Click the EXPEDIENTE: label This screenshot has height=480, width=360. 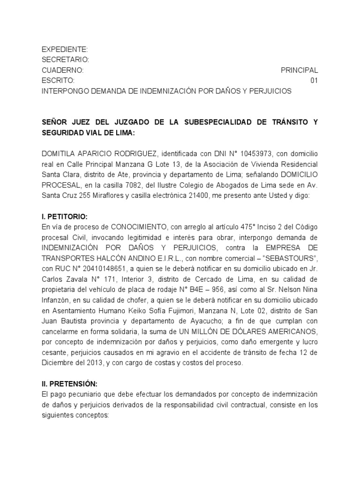(64, 49)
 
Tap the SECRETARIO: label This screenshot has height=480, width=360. (65, 60)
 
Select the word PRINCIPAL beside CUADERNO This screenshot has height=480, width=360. (299, 70)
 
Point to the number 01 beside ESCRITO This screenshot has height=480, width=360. (314, 81)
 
